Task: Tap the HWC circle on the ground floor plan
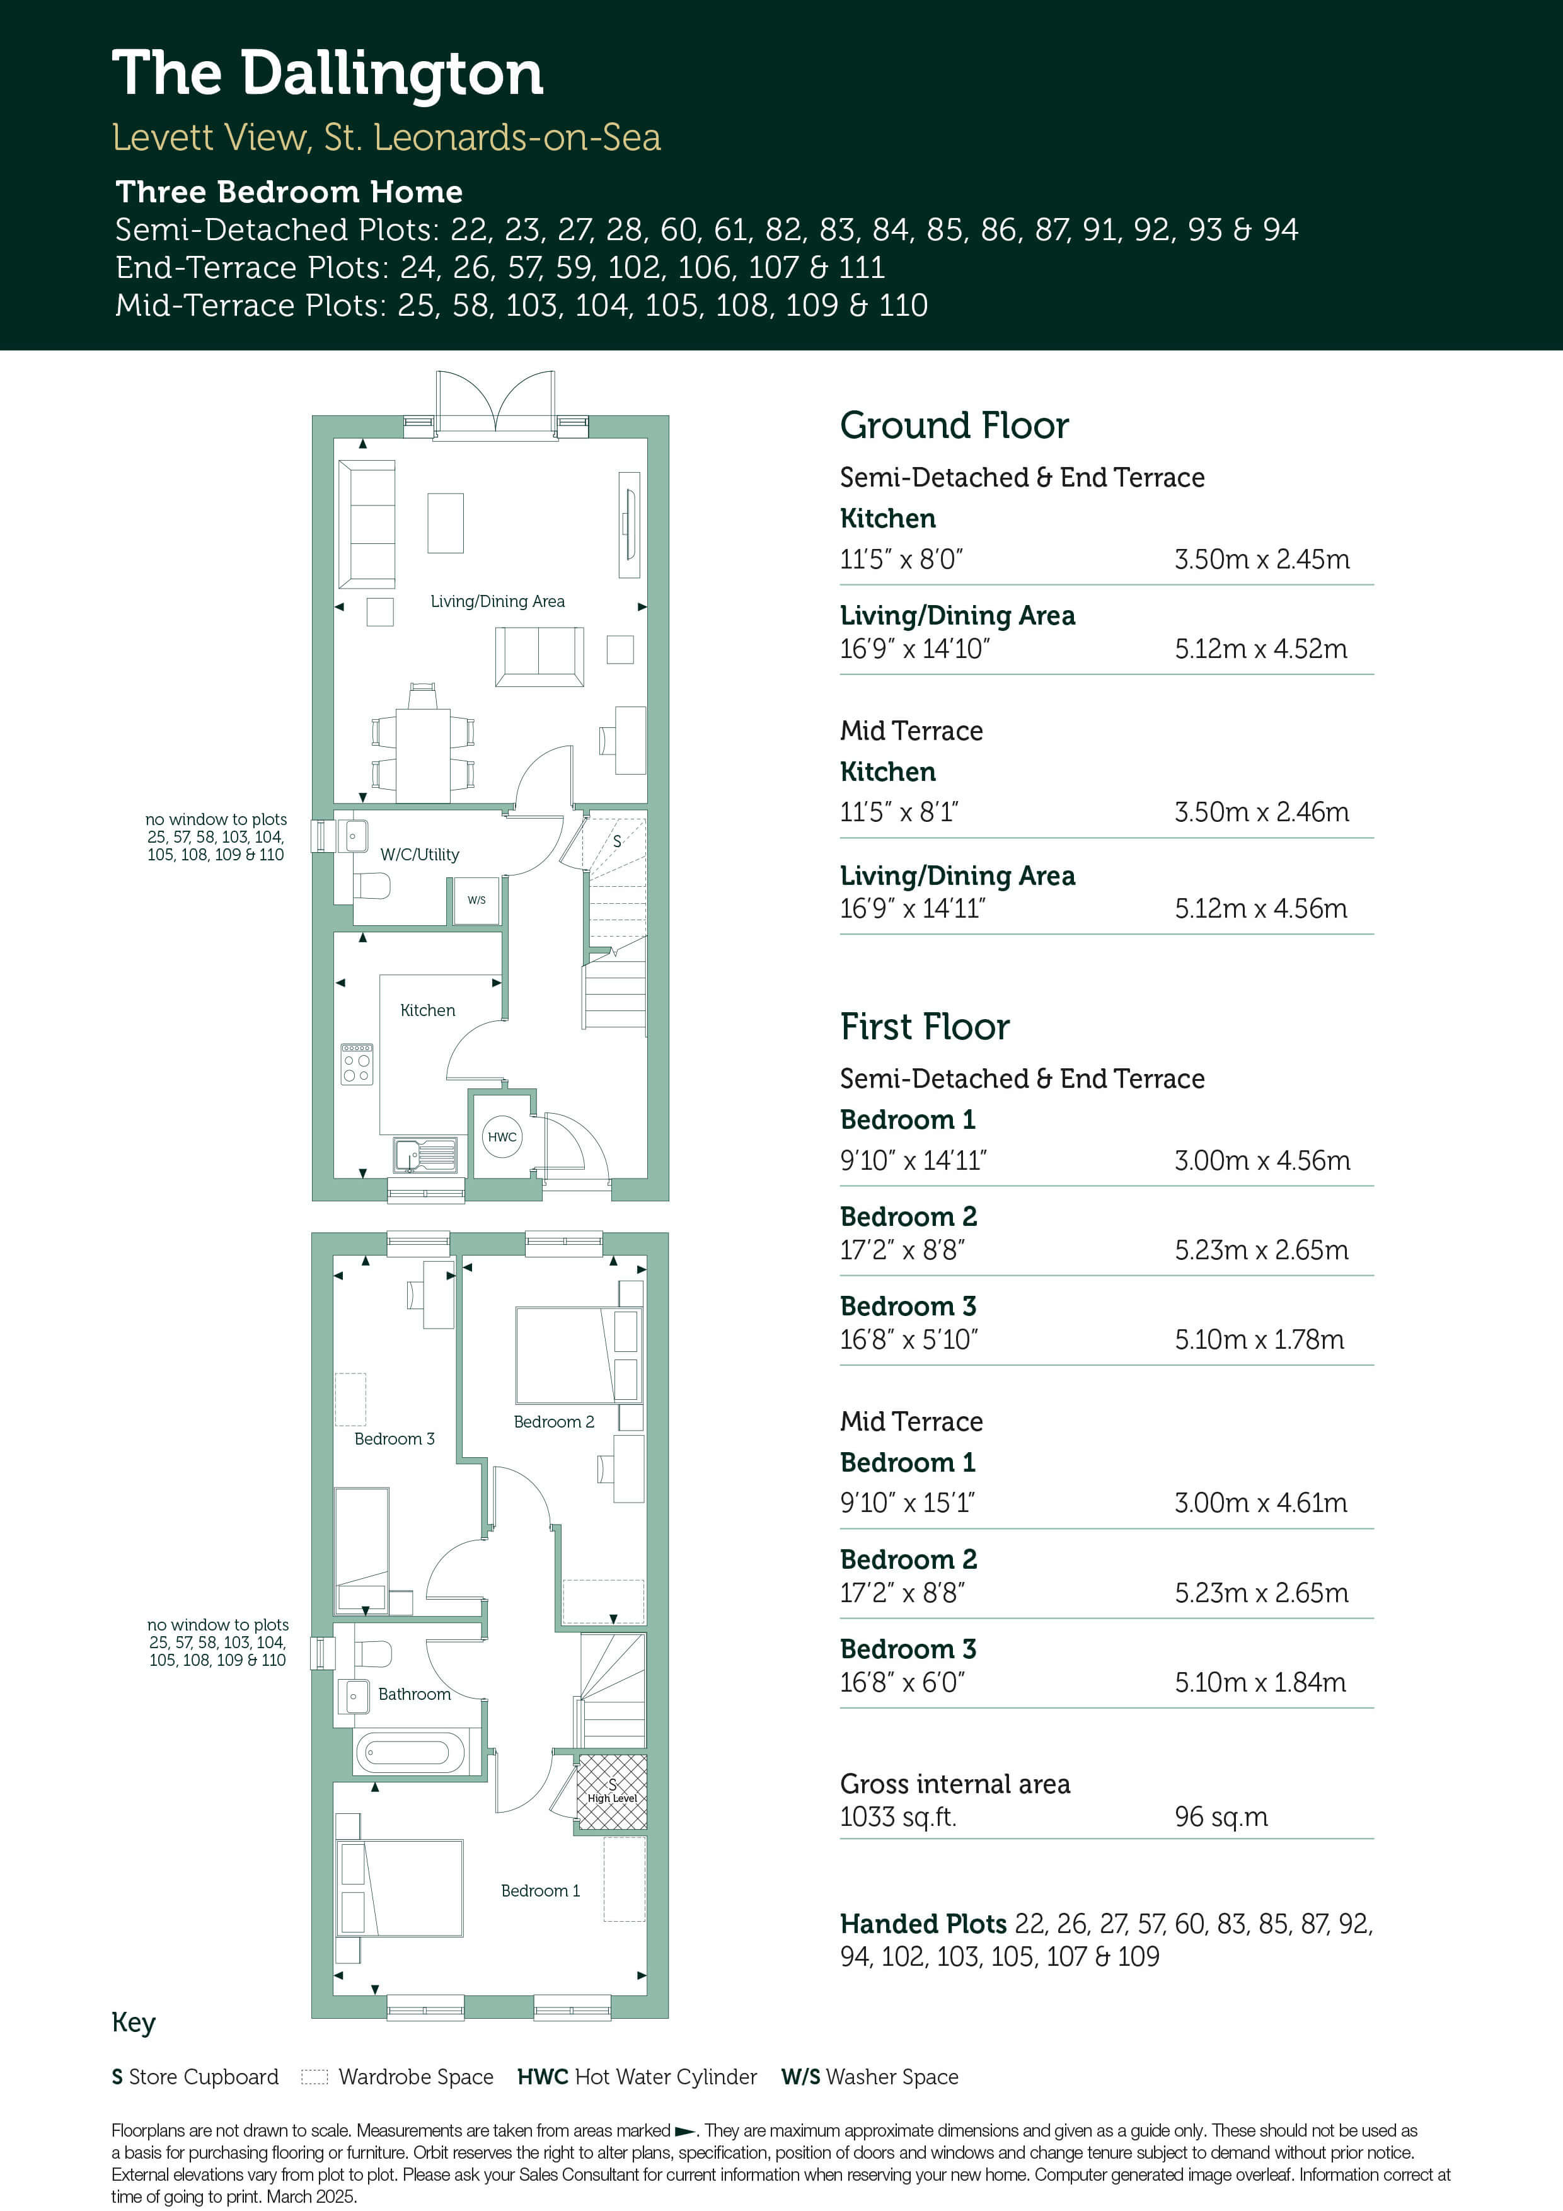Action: click(x=502, y=1136)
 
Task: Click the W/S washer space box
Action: click(x=476, y=901)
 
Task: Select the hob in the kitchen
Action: click(x=356, y=1064)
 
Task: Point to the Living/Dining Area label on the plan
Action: click(x=498, y=601)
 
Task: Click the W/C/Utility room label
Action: click(x=420, y=854)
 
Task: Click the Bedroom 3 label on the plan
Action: click(x=395, y=1439)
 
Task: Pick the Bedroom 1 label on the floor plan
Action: click(x=540, y=1890)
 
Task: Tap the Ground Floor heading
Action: click(x=954, y=425)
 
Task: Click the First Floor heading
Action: click(x=925, y=1027)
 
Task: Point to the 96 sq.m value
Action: click(x=1221, y=1816)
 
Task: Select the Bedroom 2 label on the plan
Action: click(x=554, y=1421)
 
